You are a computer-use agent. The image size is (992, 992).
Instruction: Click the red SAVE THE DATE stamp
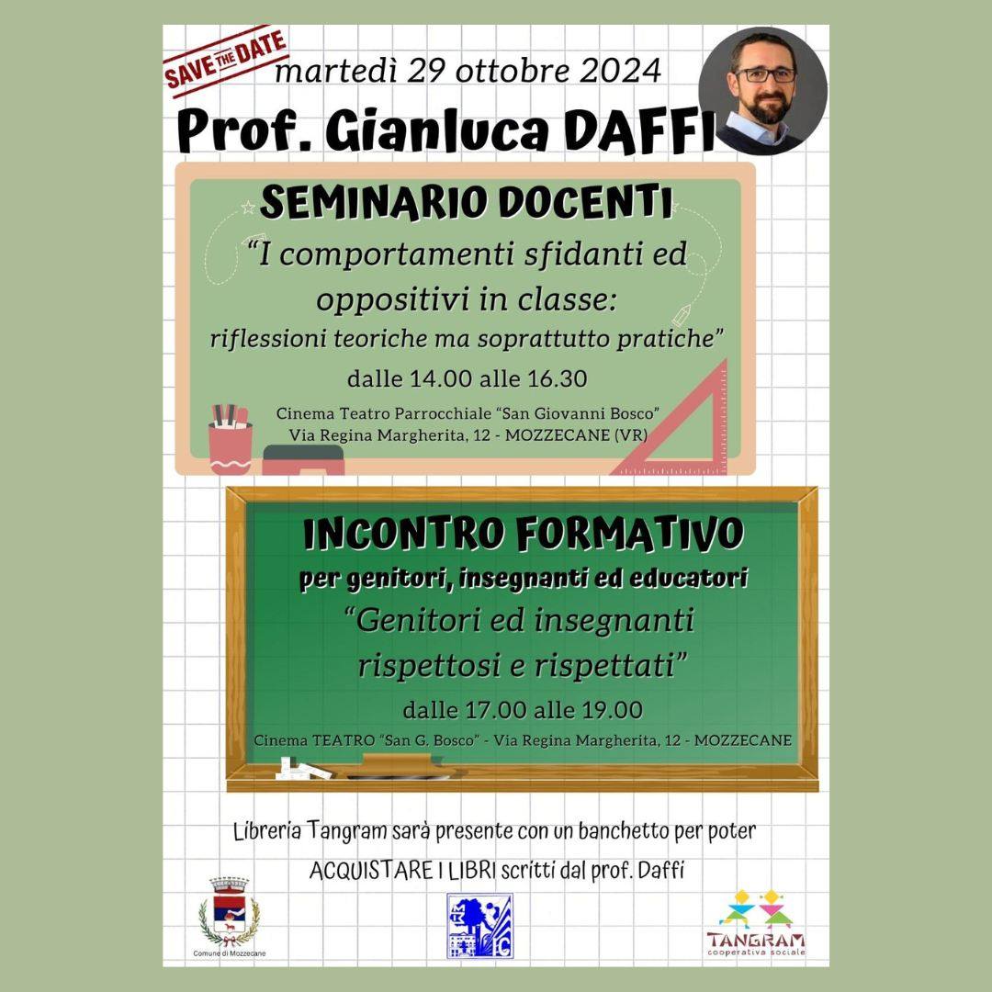coord(225,61)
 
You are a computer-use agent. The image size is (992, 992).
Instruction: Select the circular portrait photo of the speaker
coord(762,90)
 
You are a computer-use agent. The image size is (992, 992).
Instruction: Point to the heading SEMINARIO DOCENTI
coord(466,203)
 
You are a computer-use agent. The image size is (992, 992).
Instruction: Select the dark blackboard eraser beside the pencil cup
coord(304,460)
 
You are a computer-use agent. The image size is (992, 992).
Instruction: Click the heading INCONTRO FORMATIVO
coord(524,535)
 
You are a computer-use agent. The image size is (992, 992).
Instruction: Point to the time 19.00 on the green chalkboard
coord(608,710)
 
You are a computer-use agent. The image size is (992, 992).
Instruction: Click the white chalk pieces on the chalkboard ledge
coord(302,768)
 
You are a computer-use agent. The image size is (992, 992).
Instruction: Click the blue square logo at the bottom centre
coord(479,926)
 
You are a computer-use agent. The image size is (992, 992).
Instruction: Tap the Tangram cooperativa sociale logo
coord(756,923)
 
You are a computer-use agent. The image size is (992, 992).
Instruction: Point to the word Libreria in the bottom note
coord(267,831)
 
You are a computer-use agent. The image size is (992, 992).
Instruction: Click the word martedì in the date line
coord(337,71)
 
